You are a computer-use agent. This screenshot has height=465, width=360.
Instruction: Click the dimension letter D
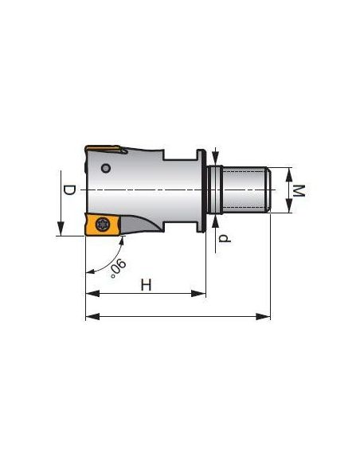pos(69,190)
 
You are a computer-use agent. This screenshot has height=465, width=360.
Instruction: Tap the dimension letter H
pos(146,285)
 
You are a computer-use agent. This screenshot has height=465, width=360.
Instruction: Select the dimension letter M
pos(299,190)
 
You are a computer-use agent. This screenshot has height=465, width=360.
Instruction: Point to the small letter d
pos(225,238)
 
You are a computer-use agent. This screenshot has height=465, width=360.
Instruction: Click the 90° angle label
pos(118,268)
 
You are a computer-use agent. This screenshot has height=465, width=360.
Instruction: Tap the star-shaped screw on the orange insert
pos(102,224)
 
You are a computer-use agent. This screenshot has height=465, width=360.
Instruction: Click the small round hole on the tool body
pos(106,169)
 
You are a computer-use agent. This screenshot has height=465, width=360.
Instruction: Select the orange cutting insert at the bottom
pos(103,225)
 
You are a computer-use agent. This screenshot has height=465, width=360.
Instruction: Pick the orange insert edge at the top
pos(104,149)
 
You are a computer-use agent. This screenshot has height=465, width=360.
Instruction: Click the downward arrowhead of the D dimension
pos(61,229)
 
